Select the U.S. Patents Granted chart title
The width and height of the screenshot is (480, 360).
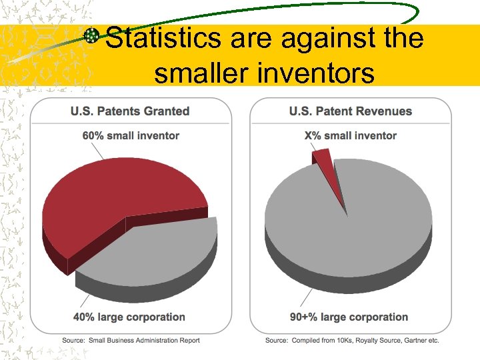(x=130, y=111)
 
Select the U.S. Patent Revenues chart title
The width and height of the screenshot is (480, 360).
(x=350, y=111)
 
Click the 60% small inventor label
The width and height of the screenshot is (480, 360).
(x=131, y=135)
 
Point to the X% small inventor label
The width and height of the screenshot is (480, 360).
(x=350, y=135)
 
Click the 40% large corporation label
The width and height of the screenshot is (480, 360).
(x=130, y=317)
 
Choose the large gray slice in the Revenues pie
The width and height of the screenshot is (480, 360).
(x=353, y=227)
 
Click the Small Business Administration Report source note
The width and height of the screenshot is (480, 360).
(x=131, y=340)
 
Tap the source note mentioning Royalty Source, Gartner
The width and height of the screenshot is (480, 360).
(x=352, y=340)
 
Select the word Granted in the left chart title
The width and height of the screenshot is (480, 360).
(x=168, y=111)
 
